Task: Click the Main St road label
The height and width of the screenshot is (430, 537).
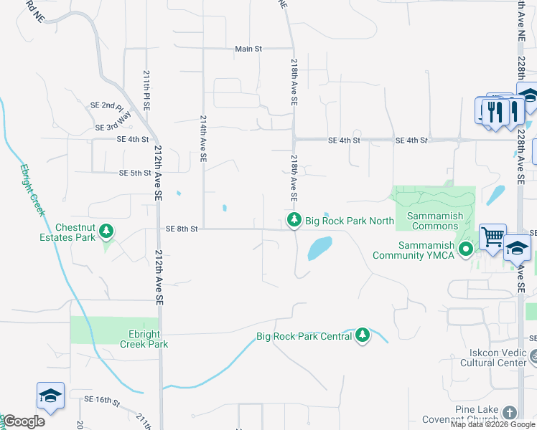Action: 248,49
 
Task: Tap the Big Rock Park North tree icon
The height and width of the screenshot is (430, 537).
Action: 294,221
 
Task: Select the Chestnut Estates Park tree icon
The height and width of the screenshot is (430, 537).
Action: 106,230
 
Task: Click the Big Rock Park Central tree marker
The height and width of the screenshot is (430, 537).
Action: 363,335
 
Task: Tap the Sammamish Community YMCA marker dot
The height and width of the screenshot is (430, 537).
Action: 466,250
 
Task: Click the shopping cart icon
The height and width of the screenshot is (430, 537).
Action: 492,236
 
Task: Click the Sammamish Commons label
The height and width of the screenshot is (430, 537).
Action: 432,221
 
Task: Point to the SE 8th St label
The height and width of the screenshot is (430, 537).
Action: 181,229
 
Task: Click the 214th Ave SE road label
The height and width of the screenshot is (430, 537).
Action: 204,137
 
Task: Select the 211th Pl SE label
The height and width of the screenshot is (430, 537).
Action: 146,90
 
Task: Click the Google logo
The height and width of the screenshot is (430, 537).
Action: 24,421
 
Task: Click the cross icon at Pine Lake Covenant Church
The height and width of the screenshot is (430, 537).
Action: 509,413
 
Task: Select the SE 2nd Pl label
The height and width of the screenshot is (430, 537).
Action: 107,105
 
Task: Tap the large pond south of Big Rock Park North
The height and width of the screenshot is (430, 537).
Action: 319,249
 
